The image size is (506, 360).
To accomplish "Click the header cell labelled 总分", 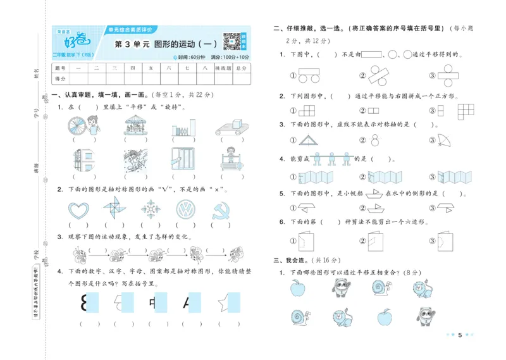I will coord(240,67).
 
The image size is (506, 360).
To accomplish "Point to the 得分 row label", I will coord(61,78).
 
